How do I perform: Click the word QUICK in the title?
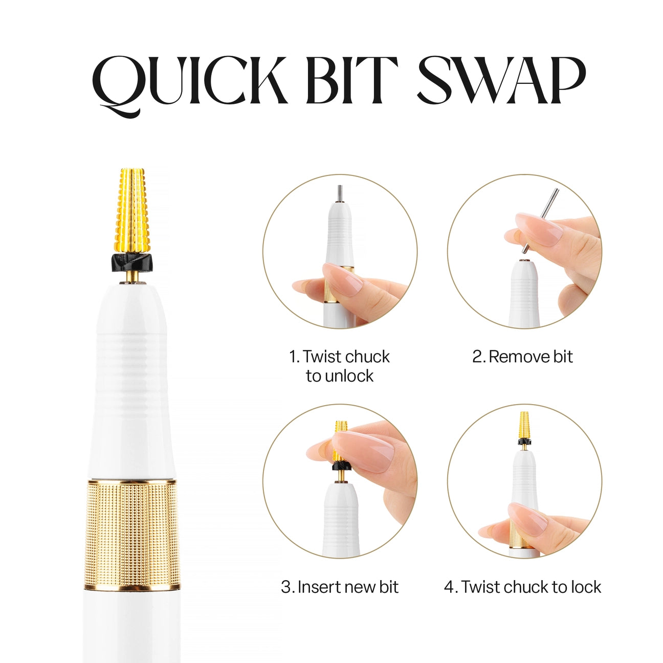pyautogui.click(x=190, y=82)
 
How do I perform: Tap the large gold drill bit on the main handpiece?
pyautogui.click(x=132, y=210)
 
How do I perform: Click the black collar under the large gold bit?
pyautogui.click(x=131, y=261)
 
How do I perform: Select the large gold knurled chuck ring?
pyautogui.click(x=132, y=535)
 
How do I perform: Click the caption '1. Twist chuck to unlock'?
pyautogui.click(x=339, y=366)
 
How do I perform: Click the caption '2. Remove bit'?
pyautogui.click(x=522, y=357)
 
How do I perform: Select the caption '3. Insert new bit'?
pyautogui.click(x=339, y=586)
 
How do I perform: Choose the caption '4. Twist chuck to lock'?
pyautogui.click(x=522, y=586)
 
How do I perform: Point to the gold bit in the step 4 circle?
pyautogui.click(x=523, y=425)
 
